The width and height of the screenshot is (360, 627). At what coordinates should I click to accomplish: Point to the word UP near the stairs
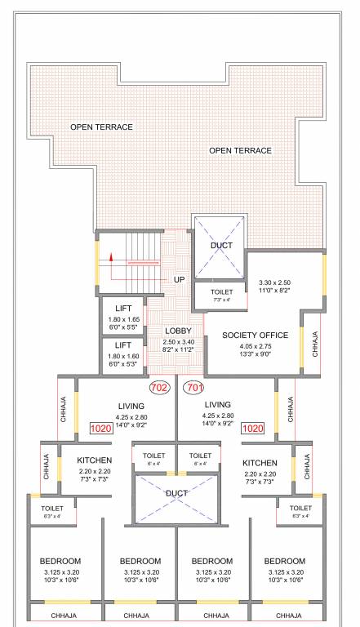(x=179, y=280)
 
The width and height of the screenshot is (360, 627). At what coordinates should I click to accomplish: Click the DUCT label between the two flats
(x=177, y=494)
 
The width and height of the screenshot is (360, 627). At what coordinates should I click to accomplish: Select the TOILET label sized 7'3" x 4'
(x=222, y=291)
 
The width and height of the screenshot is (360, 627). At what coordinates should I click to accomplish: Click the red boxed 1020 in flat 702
(x=100, y=428)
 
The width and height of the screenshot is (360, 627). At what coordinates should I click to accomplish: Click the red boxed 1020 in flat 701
(x=254, y=428)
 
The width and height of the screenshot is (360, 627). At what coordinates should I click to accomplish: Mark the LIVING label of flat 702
(x=131, y=406)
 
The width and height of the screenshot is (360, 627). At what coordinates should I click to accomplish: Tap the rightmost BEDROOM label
(x=285, y=561)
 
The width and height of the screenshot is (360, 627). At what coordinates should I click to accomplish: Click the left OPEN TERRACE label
(x=101, y=127)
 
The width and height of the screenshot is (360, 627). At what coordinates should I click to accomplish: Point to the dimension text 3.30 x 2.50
(x=274, y=282)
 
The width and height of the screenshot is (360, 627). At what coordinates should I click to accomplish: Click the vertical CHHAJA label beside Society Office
(x=315, y=344)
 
